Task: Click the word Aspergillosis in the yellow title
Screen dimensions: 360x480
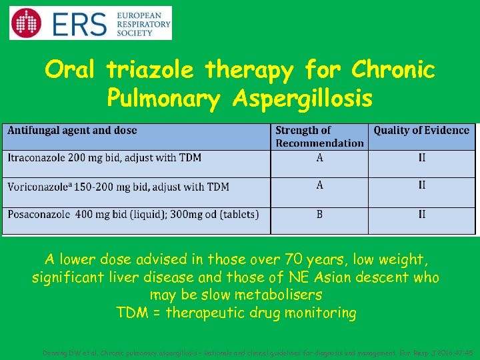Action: pyautogui.click(x=303, y=98)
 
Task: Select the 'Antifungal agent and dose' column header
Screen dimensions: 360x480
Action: pyautogui.click(x=72, y=131)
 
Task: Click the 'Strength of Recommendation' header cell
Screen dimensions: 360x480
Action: pyautogui.click(x=319, y=137)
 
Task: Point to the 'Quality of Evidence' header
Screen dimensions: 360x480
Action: pyautogui.click(x=421, y=131)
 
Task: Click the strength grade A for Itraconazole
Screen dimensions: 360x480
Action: pyautogui.click(x=320, y=158)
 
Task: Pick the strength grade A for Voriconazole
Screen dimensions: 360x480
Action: pyautogui.click(x=320, y=185)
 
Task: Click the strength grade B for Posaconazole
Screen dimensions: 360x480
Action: pyautogui.click(x=320, y=214)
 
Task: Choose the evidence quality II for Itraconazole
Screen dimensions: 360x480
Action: pyautogui.click(x=422, y=158)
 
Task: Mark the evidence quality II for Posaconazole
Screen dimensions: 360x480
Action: pyautogui.click(x=422, y=214)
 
